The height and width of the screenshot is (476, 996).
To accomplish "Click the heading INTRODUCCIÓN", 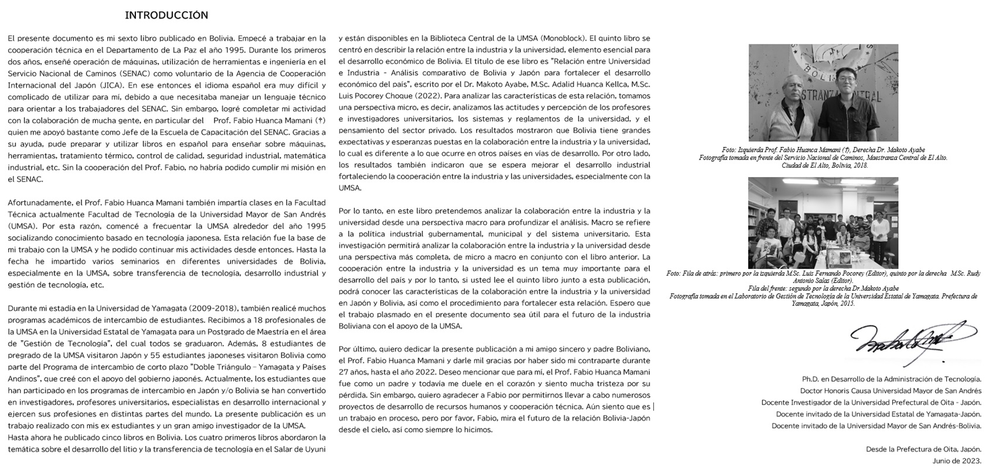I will [166, 15].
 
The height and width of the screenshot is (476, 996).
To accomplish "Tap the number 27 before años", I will [345, 372].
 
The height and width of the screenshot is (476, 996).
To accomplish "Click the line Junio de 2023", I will [957, 460].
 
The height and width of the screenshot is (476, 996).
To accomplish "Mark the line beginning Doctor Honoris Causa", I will [891, 390].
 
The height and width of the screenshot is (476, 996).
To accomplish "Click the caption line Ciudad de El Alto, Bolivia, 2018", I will [825, 165].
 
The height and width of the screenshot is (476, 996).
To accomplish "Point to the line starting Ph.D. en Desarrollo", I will [891, 379].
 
